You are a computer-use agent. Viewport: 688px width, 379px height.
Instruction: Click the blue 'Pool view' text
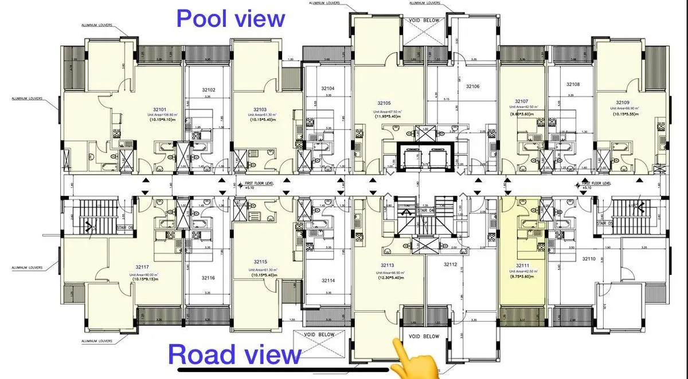tap(230, 18)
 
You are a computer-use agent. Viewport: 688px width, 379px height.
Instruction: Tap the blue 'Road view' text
tap(234, 354)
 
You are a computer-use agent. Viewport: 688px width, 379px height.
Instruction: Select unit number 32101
tap(159, 109)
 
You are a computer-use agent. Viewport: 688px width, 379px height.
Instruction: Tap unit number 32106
tap(472, 86)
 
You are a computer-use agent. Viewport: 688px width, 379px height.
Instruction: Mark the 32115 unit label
tap(260, 262)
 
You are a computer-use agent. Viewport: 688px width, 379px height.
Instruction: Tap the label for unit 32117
tap(143, 267)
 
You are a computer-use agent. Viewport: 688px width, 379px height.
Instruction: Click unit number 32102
tap(208, 90)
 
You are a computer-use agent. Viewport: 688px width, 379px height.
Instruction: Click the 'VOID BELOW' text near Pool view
tap(424, 20)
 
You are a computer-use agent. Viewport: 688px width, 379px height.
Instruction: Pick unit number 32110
tap(589, 259)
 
